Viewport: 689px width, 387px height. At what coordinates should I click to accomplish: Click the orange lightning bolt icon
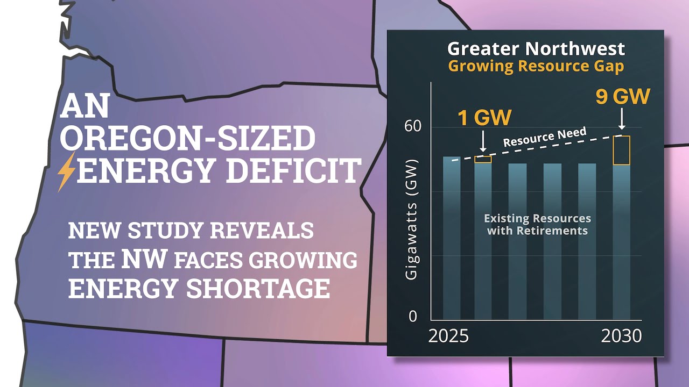click(66, 172)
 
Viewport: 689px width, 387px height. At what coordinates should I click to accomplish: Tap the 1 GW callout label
click(485, 117)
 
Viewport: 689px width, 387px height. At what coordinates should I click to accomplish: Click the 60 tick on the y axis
click(412, 126)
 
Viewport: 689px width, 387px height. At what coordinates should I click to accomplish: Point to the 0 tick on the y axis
click(413, 316)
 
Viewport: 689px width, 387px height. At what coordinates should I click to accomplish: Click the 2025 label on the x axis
click(448, 336)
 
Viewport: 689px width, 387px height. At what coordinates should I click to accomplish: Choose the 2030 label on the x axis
click(621, 336)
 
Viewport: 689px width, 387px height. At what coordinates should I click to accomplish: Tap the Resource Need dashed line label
click(545, 137)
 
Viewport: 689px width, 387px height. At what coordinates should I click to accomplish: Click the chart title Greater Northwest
click(536, 49)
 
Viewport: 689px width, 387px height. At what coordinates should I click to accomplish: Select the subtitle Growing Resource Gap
click(536, 66)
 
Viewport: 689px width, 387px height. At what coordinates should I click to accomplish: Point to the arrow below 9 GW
click(622, 119)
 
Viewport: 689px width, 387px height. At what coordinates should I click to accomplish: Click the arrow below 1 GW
click(483, 141)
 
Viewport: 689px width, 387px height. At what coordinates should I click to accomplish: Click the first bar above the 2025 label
click(452, 238)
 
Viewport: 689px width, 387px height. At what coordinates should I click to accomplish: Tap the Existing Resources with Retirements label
click(537, 225)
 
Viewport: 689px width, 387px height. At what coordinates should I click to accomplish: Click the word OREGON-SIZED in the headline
click(188, 138)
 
